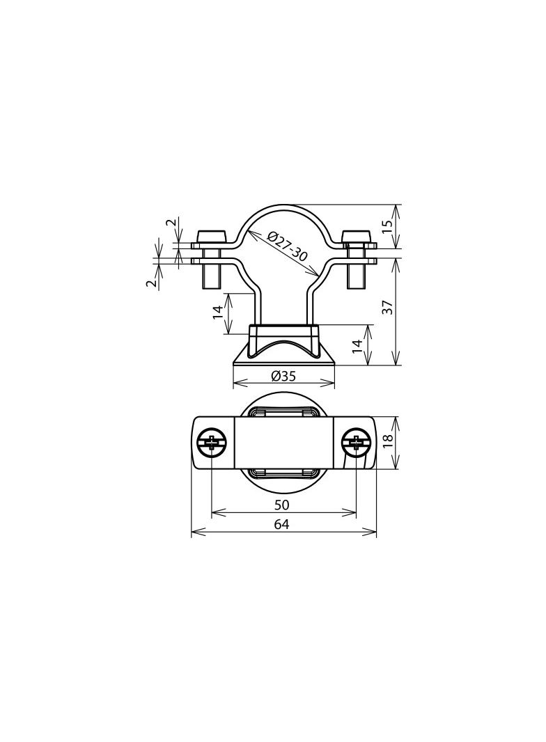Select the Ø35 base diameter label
tap(283, 376)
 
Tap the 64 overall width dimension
tap(281, 524)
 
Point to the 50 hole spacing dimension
tap(281, 505)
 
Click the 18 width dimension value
tap(389, 440)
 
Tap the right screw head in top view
tap(355, 443)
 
